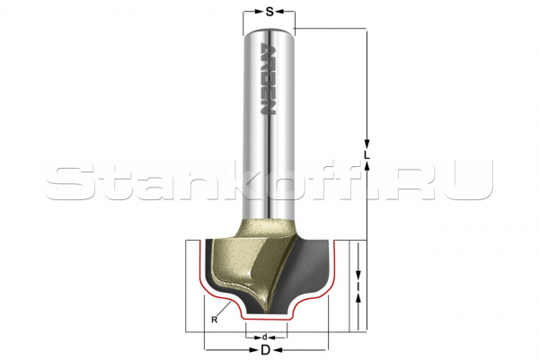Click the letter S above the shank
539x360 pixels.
coord(269,12)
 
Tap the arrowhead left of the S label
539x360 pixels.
coord(259,12)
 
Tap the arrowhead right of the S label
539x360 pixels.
coord(280,12)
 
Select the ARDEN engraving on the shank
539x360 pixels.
coord(267,79)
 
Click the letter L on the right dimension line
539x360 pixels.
coord(367,155)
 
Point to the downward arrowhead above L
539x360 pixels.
coord(367,144)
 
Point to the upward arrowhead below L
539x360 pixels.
coord(367,167)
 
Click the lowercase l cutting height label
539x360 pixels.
coord(358,286)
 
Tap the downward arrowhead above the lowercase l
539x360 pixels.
coord(358,275)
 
